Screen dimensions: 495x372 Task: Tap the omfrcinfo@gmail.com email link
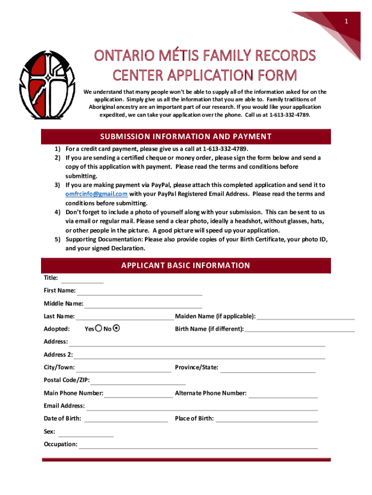pos(97,194)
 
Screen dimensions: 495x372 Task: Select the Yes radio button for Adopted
pos(99,329)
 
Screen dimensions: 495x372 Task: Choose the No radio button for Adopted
pos(116,329)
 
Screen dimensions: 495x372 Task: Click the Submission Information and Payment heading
pos(186,136)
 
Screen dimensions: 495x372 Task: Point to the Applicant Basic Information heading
pos(186,265)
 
